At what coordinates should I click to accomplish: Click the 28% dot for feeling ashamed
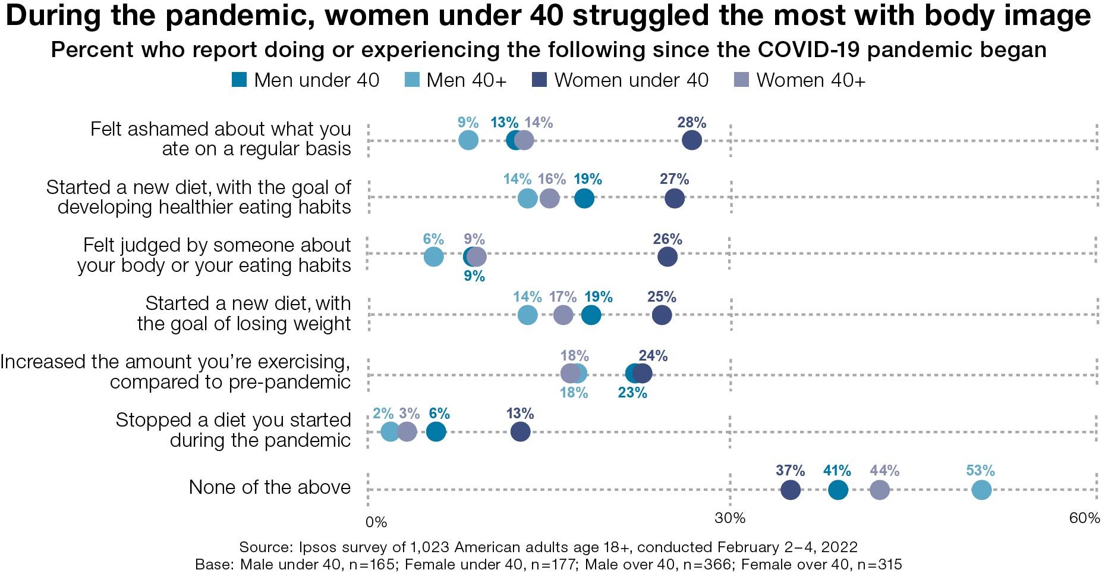click(691, 140)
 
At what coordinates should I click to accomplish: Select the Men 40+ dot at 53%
click(981, 490)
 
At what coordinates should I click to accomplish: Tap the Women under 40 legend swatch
click(539, 80)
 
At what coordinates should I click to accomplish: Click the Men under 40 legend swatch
click(239, 80)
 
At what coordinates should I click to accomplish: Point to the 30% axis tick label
click(730, 518)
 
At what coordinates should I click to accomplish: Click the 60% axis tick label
click(1084, 518)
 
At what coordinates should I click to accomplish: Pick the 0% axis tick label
click(376, 522)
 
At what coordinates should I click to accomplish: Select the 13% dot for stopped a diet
click(520, 432)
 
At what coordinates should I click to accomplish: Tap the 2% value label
click(383, 414)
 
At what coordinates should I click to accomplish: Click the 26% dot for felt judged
click(668, 257)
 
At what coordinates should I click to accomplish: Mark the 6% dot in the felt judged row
click(434, 257)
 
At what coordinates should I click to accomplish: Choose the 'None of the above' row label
click(269, 487)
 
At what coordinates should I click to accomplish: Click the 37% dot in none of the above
click(790, 490)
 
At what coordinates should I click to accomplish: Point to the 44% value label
click(884, 471)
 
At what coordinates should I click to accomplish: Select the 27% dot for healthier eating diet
click(674, 198)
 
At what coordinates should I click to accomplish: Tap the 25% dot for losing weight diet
click(662, 315)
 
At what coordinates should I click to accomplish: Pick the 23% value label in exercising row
click(632, 393)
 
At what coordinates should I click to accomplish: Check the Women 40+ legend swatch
click(741, 80)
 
